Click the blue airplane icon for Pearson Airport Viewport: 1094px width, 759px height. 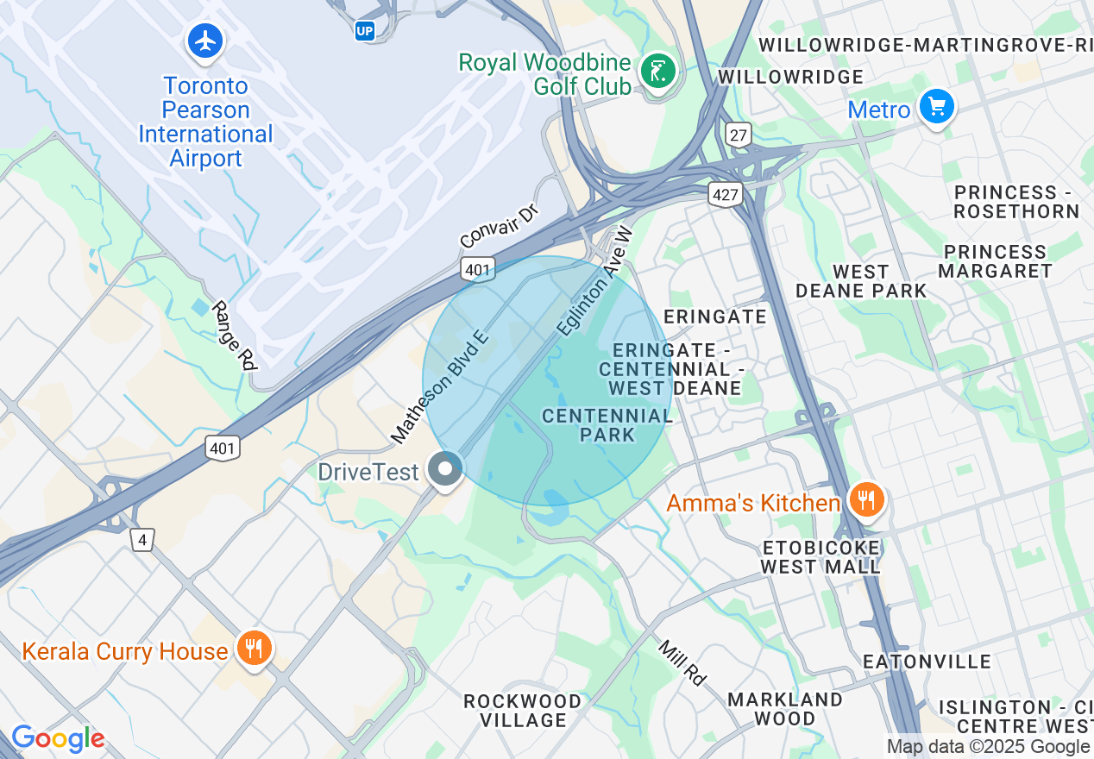point(204,41)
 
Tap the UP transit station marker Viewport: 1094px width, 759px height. point(365,31)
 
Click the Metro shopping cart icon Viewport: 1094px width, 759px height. point(936,107)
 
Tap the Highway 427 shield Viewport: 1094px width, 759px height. point(726,195)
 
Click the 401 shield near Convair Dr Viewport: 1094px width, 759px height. point(477,270)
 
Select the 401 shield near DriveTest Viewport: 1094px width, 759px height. point(223,448)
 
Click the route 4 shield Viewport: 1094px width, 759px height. point(142,540)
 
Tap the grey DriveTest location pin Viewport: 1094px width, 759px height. point(445,470)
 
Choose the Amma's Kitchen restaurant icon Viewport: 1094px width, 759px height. point(866,499)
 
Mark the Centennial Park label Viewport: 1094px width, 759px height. point(607,425)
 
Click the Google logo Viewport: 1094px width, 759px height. point(57,739)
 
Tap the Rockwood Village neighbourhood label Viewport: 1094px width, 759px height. point(523,710)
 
